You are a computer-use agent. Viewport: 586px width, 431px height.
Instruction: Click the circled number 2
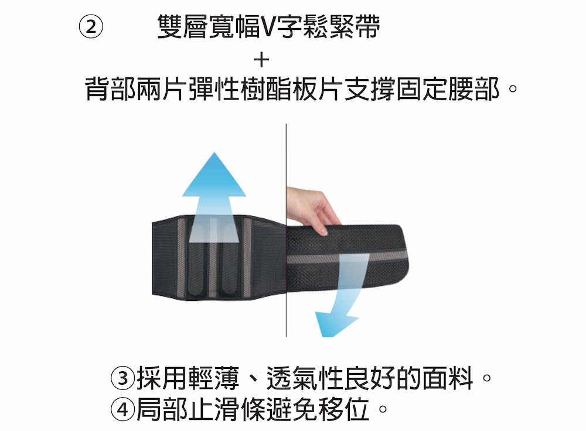pos(91,28)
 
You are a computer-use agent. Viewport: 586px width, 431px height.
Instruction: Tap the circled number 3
pos(122,378)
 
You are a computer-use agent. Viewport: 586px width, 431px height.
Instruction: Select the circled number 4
pos(122,409)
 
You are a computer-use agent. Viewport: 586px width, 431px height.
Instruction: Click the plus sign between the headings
pos(261,60)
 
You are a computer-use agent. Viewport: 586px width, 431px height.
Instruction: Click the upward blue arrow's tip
pos(214,153)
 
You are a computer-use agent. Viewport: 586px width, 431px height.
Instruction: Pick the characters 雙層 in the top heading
pos(182,27)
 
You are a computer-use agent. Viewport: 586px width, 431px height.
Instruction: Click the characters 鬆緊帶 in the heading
pos(343,27)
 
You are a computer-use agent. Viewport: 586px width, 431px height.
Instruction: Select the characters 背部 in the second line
pos(111,89)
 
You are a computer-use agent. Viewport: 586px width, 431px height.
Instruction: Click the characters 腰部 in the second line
pos(473,89)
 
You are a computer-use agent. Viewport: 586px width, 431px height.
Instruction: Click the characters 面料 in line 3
pos(448,378)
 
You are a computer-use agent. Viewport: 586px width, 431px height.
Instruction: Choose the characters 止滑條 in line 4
pos(227,409)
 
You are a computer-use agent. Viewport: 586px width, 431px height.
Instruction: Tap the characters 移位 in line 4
pos(343,409)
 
